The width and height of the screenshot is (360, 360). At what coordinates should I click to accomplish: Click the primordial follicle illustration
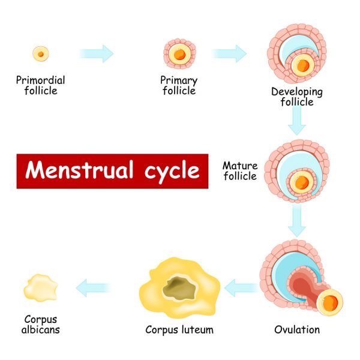tap(41, 53)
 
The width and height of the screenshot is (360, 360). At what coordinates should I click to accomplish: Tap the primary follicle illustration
tap(178, 53)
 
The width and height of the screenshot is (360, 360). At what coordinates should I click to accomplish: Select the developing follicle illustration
tap(296, 57)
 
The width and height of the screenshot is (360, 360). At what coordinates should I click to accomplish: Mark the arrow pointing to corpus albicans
tap(94, 287)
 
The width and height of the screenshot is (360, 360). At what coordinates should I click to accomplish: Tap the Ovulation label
tap(297, 329)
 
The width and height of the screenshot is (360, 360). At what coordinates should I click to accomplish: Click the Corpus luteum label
tap(179, 329)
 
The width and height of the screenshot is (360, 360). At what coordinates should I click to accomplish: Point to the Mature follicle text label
tap(239, 170)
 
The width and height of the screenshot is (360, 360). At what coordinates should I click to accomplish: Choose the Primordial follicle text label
tap(41, 85)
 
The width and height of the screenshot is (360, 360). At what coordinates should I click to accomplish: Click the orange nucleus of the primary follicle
tap(178, 54)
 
